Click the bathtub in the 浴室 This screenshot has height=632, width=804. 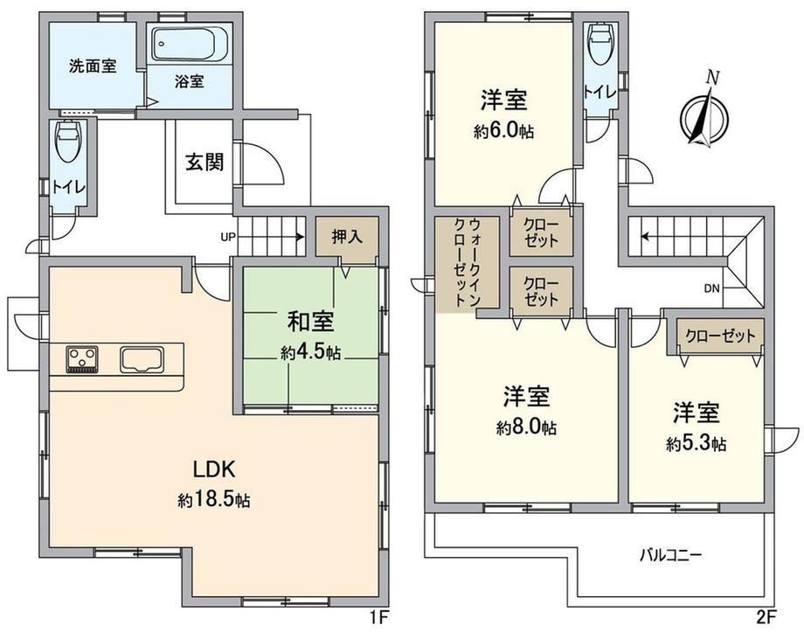click(190, 45)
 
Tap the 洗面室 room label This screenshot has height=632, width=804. click(93, 66)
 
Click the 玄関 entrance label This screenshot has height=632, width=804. click(204, 162)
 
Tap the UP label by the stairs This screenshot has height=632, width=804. click(228, 237)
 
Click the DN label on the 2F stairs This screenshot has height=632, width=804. click(711, 288)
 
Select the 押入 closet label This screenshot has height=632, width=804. click(347, 237)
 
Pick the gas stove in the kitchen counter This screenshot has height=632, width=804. click(82, 359)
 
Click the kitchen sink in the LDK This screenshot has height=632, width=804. click(142, 359)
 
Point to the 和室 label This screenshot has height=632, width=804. click(310, 322)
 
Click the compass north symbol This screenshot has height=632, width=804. click(704, 114)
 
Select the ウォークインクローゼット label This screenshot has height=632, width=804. click(468, 261)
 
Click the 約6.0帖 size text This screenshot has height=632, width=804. click(503, 132)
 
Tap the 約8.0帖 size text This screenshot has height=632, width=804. click(526, 427)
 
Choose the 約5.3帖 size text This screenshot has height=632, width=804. click(697, 444)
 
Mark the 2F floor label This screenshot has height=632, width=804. click(767, 616)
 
